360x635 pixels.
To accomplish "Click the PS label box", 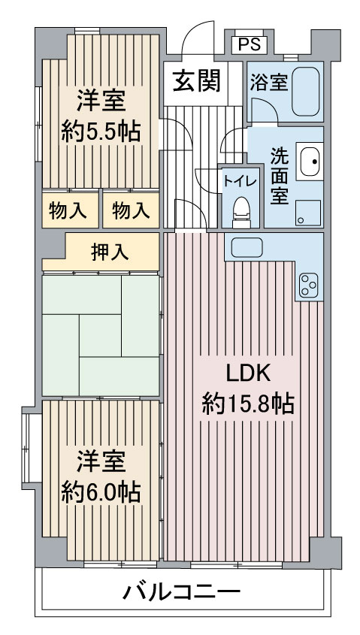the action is pos(250,44).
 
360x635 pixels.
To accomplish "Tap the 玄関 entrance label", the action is pos(197,80).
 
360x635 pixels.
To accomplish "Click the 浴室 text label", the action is pos(268,82).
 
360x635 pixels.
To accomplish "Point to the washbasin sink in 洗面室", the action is pos(310,161).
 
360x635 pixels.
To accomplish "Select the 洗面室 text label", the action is pos(279,176).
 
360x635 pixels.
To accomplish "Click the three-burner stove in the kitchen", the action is pos(309,285).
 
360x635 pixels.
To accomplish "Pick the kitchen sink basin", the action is pos(247,246).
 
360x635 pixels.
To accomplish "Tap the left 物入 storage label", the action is pos(68,210).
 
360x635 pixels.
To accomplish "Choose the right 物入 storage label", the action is pos(131,210).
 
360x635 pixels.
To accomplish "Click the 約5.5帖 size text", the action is pos(101,132).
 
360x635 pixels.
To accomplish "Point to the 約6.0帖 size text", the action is pos(101,492).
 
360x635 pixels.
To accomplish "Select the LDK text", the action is pos(248,375).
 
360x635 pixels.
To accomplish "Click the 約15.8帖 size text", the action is pos(248,404).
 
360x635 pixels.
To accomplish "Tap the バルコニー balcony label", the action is pos(181,593).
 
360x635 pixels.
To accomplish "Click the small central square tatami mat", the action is pos(100,335).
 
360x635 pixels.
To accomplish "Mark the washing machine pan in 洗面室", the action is pos(309,213).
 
